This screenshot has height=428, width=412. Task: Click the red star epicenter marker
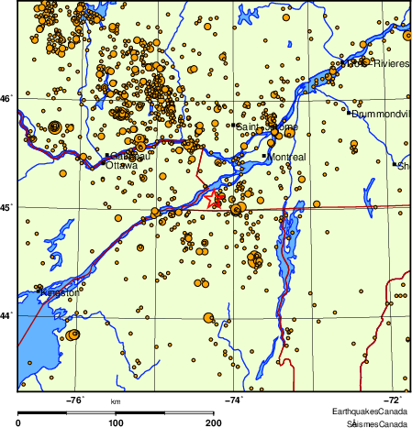click(x=214, y=198)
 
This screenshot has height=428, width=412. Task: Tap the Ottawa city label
click(x=122, y=166)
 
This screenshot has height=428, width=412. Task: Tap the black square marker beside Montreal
click(x=264, y=157)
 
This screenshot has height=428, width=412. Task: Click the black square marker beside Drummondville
click(x=349, y=114)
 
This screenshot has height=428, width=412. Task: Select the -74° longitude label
click(x=235, y=400)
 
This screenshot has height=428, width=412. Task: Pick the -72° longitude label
click(x=391, y=400)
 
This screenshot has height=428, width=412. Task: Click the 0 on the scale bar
click(x=19, y=423)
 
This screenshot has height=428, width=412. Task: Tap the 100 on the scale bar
click(x=117, y=423)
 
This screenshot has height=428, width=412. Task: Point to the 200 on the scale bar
click(x=214, y=423)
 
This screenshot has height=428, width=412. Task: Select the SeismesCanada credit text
click(x=377, y=423)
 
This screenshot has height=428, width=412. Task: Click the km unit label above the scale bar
click(x=116, y=402)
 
